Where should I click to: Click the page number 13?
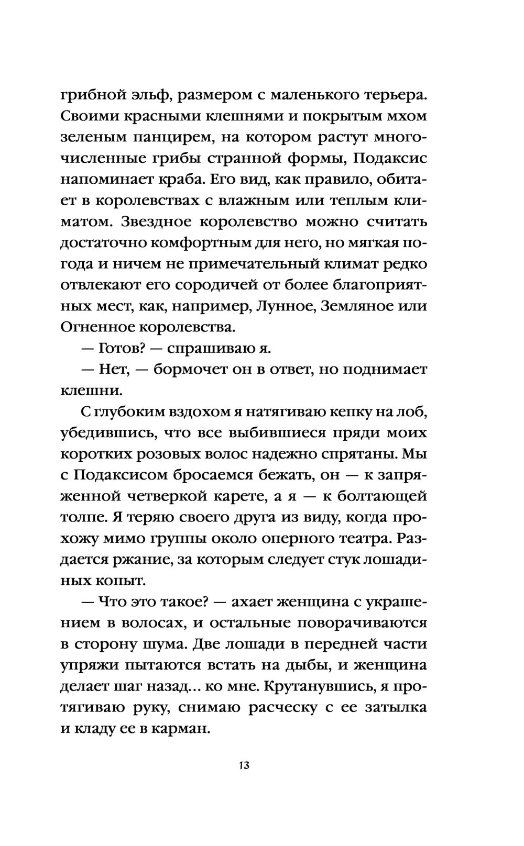tap(243, 765)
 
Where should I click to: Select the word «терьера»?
tap(384, 95)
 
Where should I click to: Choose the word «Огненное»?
tap(97, 328)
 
